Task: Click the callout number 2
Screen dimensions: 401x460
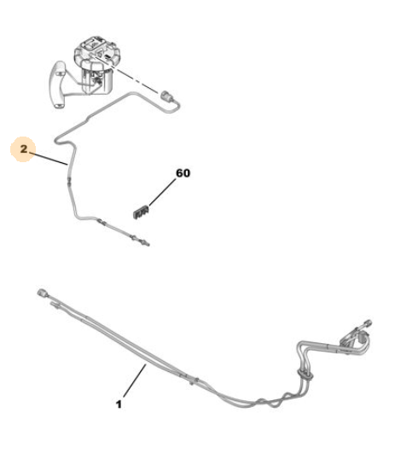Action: click(x=24, y=149)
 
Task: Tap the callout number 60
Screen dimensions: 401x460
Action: click(x=183, y=173)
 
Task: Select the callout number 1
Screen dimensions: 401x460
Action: click(x=119, y=405)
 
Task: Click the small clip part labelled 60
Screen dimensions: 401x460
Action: click(x=141, y=212)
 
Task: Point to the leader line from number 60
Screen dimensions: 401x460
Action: click(x=162, y=192)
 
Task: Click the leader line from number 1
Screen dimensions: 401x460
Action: click(x=135, y=381)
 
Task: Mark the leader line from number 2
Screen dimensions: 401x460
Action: click(x=49, y=159)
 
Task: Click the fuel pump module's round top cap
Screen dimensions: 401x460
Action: click(x=96, y=51)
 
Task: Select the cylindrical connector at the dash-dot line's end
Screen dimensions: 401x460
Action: click(x=166, y=96)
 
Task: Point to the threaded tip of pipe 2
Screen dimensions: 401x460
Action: click(x=146, y=243)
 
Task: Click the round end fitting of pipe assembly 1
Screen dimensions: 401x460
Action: click(x=42, y=293)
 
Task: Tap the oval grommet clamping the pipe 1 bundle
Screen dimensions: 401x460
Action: click(x=305, y=375)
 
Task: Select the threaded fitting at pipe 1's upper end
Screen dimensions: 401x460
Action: click(x=367, y=323)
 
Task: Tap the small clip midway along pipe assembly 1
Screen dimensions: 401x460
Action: click(x=193, y=381)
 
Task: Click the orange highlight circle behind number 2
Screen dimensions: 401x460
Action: click(x=23, y=149)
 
